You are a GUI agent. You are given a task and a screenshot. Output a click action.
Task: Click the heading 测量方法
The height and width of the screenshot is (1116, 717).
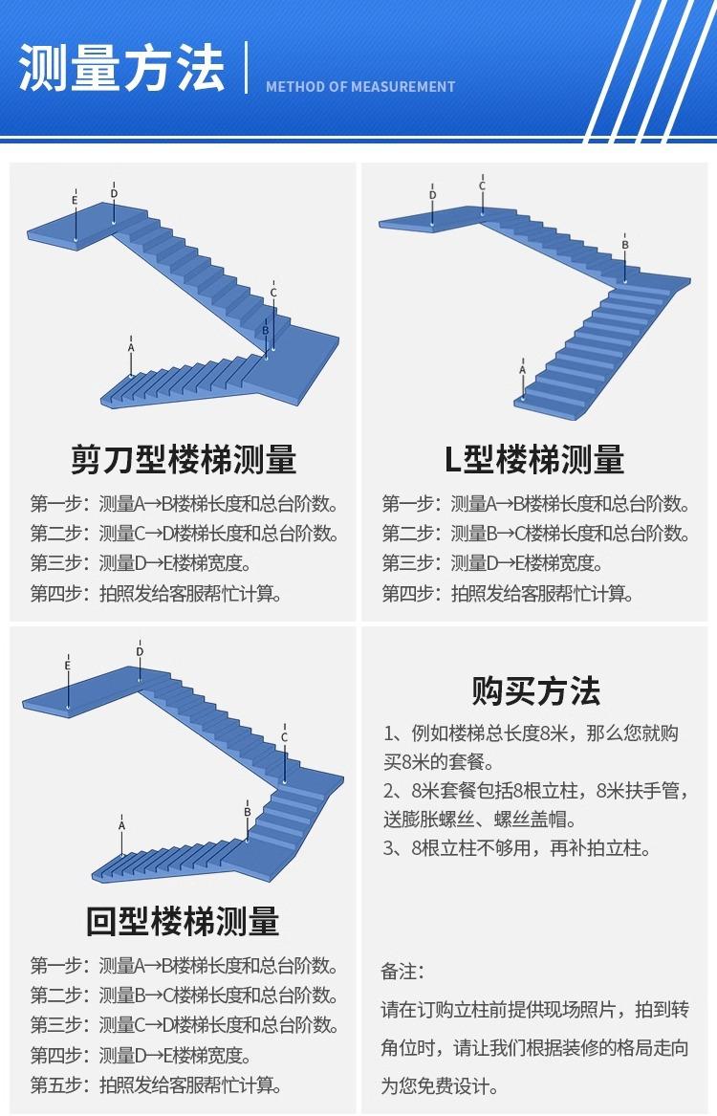(121, 69)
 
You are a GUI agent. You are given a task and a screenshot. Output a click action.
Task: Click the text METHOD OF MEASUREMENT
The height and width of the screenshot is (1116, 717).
(360, 87)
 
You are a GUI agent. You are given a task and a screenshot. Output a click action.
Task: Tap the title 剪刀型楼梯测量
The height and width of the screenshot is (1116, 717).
(184, 460)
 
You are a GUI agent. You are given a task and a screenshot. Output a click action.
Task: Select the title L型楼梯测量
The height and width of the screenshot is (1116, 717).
(534, 460)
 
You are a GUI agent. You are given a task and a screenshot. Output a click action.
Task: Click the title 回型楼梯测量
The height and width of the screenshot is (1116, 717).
(183, 922)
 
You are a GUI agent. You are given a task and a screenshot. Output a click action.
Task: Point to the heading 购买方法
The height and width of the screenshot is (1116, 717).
(535, 689)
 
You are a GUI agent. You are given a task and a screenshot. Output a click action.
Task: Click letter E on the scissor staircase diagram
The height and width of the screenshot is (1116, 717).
(75, 200)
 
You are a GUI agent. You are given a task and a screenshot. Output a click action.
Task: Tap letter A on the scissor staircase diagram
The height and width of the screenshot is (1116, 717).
(131, 348)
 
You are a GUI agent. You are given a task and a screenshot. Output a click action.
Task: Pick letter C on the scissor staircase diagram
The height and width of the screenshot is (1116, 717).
(273, 293)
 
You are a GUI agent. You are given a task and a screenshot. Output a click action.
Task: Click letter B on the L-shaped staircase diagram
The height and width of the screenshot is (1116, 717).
(625, 245)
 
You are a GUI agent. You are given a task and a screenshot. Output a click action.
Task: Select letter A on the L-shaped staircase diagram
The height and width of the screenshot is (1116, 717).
(522, 369)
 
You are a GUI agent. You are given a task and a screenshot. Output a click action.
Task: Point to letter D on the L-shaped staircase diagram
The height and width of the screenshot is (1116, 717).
(432, 195)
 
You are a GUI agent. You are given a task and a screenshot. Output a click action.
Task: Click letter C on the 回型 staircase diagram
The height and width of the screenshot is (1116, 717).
(284, 737)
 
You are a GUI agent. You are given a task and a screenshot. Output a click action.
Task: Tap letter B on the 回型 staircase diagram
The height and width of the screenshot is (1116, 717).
(247, 812)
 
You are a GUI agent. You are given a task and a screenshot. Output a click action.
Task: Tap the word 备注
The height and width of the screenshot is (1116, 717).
(402, 972)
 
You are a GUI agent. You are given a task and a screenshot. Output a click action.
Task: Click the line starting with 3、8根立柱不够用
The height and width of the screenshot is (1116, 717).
(516, 848)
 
